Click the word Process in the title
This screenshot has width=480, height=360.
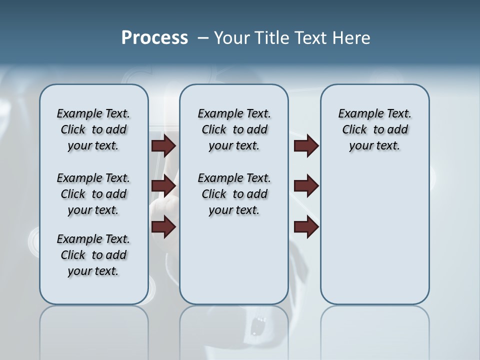(x=154, y=38)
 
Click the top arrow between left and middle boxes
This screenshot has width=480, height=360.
(x=163, y=145)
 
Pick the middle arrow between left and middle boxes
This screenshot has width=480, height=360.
(x=163, y=186)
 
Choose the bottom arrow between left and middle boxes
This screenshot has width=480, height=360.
(x=163, y=227)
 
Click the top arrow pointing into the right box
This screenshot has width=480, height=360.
(x=306, y=145)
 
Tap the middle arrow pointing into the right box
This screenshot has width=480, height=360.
(x=306, y=186)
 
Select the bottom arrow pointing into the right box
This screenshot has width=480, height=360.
(x=306, y=227)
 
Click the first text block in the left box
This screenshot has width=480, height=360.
(x=93, y=129)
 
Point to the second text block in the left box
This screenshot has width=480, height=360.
(x=93, y=194)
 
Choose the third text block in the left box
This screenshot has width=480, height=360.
(x=93, y=255)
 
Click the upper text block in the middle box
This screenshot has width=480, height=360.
(x=234, y=129)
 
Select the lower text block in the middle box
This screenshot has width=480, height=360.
(x=234, y=194)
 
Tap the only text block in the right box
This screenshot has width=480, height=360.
(x=374, y=129)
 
